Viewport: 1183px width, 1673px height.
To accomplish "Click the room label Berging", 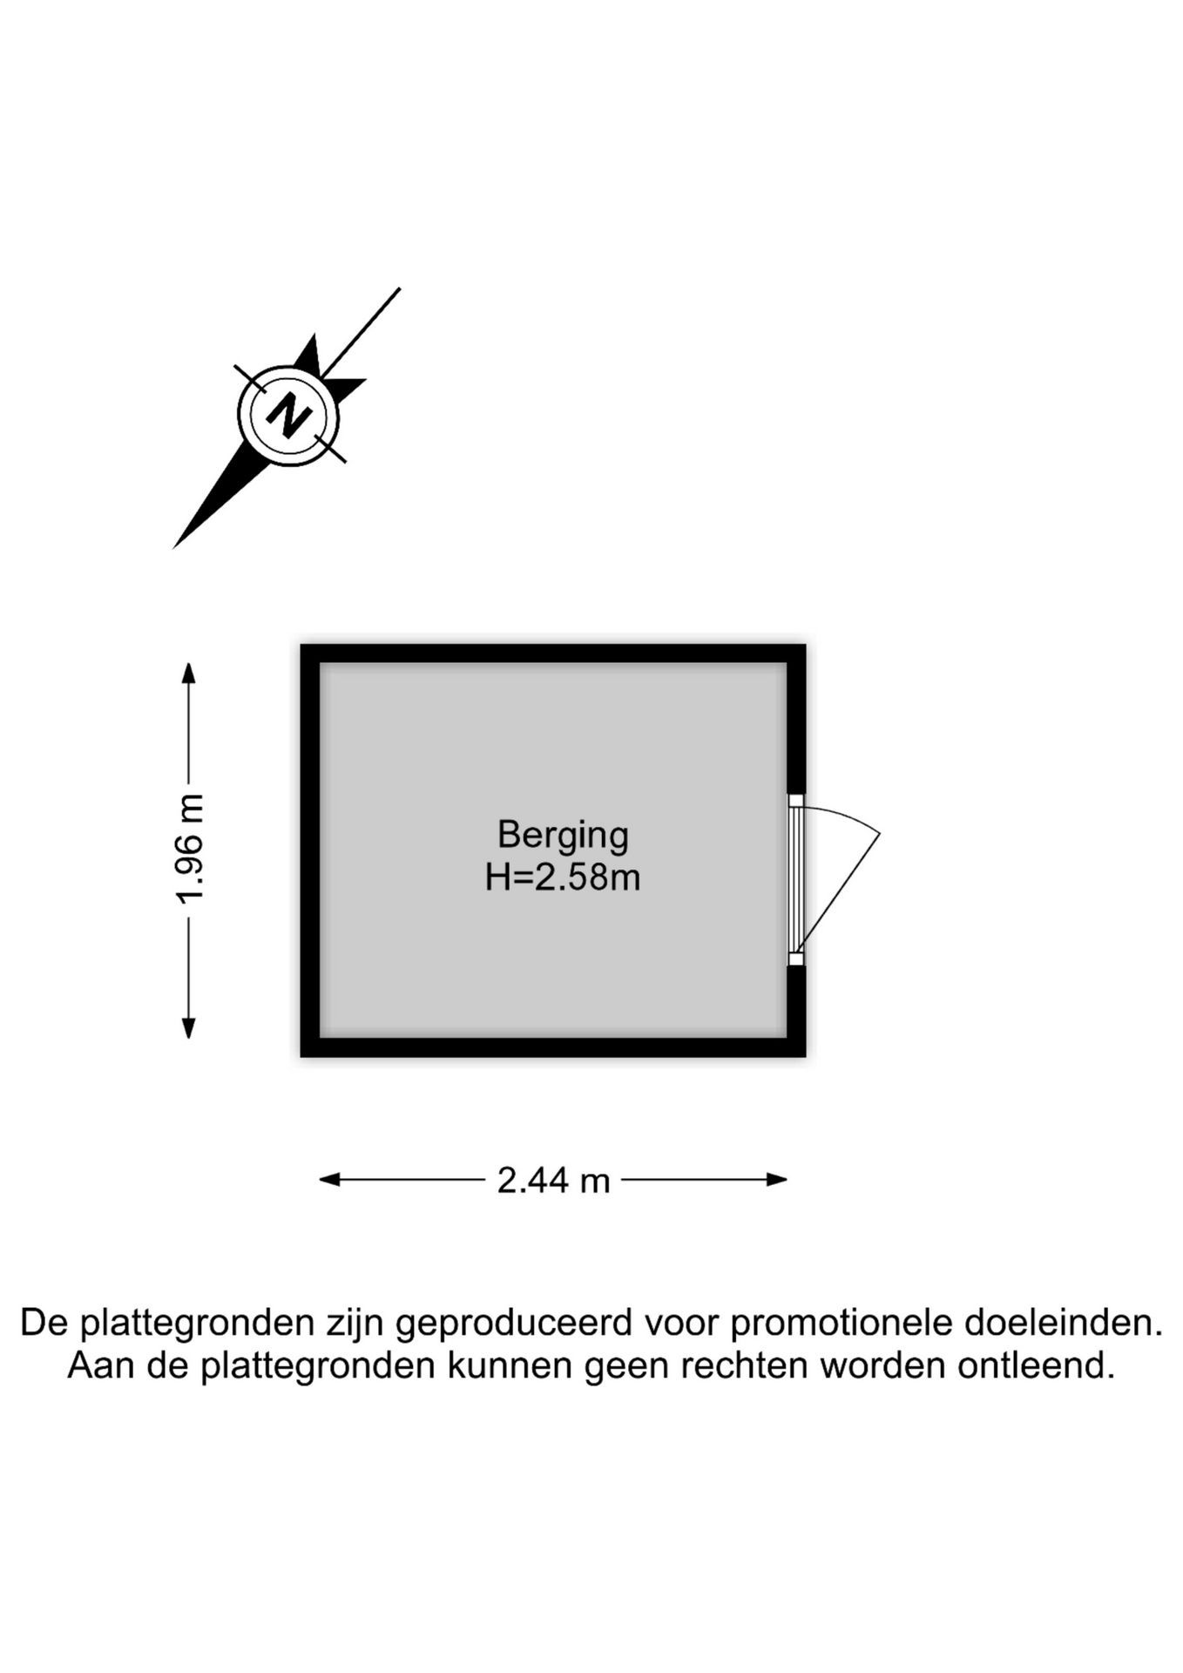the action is pyautogui.click(x=563, y=836).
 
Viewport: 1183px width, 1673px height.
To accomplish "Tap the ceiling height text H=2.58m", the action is pyautogui.click(x=563, y=877).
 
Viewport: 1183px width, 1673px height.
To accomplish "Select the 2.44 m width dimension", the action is pyautogui.click(x=553, y=1181).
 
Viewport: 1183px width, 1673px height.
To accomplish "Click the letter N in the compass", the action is pyautogui.click(x=288, y=415).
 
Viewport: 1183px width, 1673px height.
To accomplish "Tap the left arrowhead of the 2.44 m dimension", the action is pyautogui.click(x=329, y=1180).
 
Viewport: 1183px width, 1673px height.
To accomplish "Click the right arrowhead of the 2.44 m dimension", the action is pyautogui.click(x=777, y=1180).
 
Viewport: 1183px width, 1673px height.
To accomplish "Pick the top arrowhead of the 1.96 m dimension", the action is pyautogui.click(x=188, y=674).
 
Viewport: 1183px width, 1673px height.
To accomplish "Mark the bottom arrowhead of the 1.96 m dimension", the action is pyautogui.click(x=188, y=1028).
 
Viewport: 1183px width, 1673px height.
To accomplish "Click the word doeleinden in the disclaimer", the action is pyautogui.click(x=1064, y=1324).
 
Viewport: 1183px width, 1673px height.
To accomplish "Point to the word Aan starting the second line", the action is pyautogui.click(x=102, y=1365).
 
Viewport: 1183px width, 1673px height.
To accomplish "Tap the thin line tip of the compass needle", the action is pyautogui.click(x=400, y=288).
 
